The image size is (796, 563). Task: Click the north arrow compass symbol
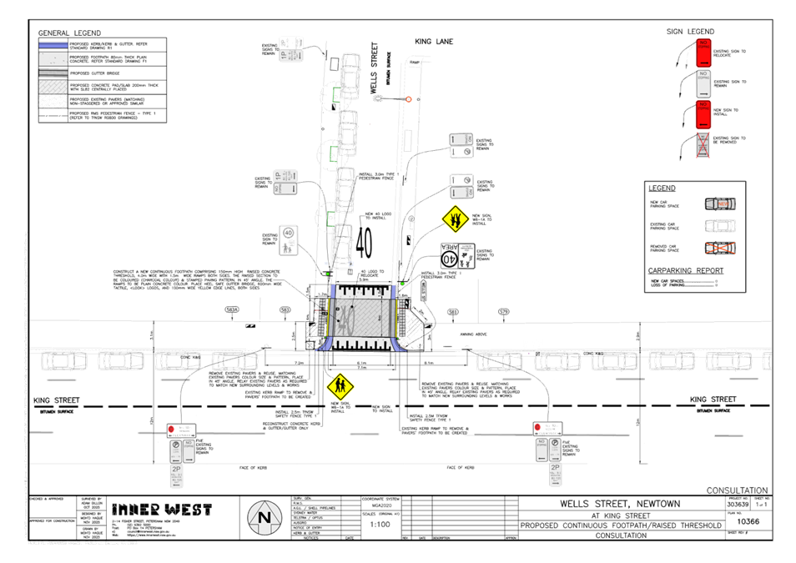click(264, 518)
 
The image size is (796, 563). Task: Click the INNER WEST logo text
click(162, 509)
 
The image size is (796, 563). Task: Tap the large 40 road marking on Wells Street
click(365, 241)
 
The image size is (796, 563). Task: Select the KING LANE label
click(432, 40)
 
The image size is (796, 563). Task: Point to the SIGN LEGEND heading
click(689, 32)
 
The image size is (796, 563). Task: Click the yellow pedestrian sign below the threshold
click(340, 385)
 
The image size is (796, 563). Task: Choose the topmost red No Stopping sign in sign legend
click(703, 53)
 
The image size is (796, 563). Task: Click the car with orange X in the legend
click(721, 248)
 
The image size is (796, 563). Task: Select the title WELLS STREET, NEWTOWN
click(618, 504)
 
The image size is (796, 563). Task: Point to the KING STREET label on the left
click(57, 400)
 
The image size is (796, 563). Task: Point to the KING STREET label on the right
click(714, 399)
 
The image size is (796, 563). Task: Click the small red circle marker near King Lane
click(408, 100)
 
